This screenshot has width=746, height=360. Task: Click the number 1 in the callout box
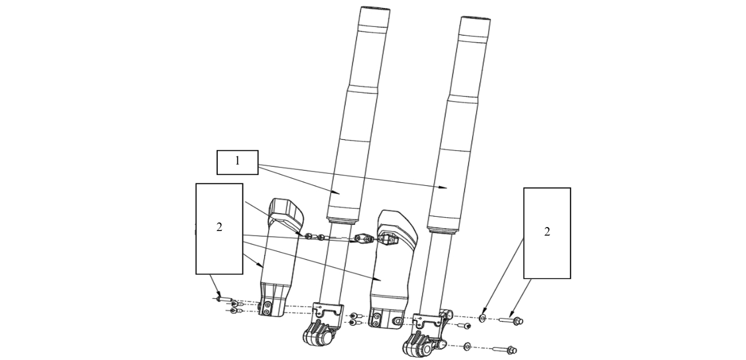point(237,162)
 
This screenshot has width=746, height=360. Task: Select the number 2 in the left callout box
point(219,228)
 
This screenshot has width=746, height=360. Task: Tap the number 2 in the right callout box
point(547,232)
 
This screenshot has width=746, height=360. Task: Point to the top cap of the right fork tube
point(476,19)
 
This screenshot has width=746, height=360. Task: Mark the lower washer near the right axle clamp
point(467,346)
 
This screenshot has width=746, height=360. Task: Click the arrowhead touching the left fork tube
point(339,193)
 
